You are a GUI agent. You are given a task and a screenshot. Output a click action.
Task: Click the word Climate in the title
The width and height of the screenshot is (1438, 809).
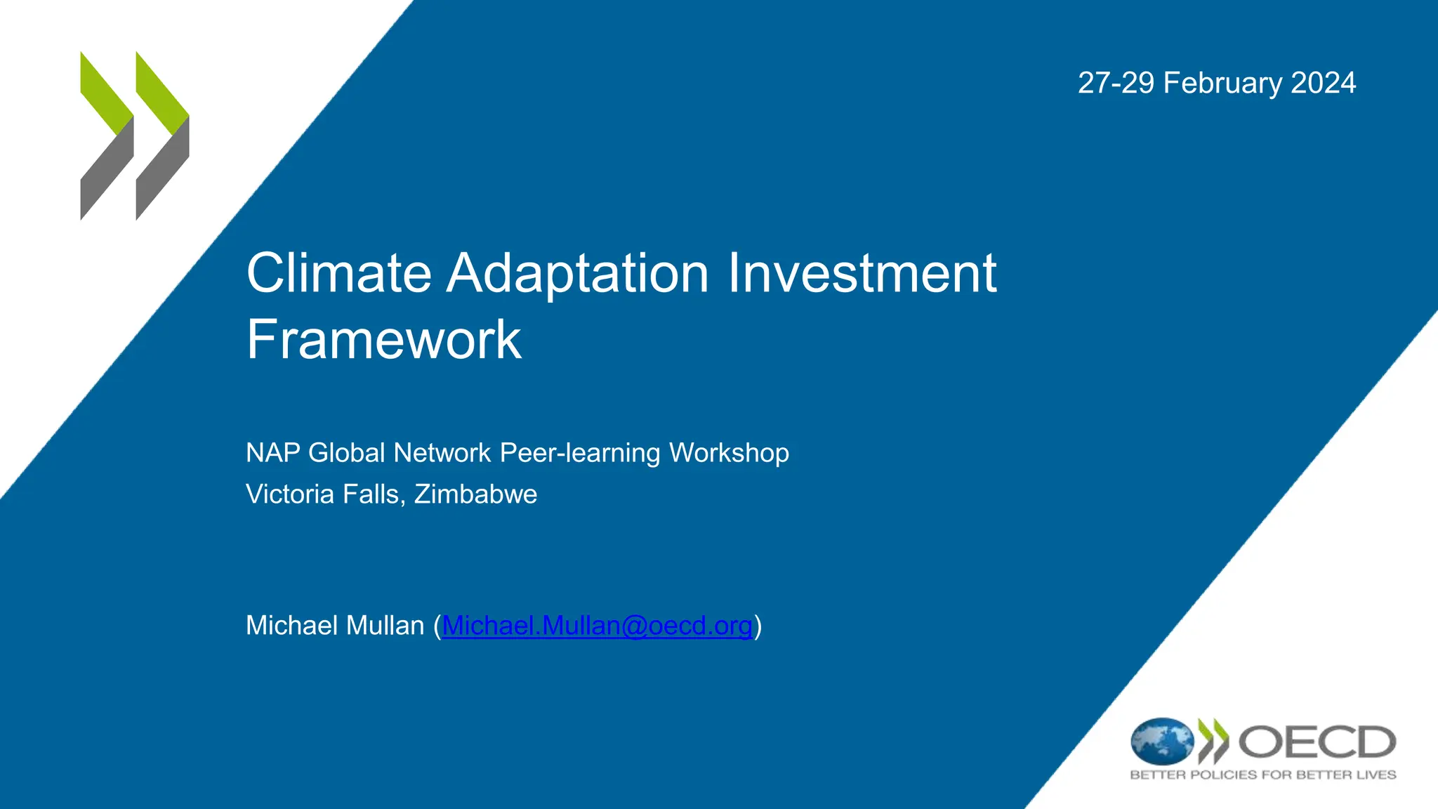pos(338,273)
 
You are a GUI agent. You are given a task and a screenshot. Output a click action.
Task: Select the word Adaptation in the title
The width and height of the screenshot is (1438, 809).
pos(578,273)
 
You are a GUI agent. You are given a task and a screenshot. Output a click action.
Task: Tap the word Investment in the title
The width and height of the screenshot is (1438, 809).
pos(862,273)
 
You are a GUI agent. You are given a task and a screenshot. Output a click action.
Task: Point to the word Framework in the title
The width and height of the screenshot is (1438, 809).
pos(383,340)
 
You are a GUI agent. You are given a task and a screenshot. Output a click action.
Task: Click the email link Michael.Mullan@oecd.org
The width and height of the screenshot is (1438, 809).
pos(597,626)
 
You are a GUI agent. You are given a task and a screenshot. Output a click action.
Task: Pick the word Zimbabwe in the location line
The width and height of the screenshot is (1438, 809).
pos(475,494)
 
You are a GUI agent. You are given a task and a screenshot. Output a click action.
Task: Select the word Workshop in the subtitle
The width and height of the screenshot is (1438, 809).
pos(729,453)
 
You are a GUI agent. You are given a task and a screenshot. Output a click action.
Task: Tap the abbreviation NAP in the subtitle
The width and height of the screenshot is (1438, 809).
pos(272,453)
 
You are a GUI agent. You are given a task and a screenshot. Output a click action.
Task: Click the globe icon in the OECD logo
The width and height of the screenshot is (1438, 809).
pos(1161,742)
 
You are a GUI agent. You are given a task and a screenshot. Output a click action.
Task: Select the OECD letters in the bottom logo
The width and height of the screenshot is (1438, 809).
pos(1317,742)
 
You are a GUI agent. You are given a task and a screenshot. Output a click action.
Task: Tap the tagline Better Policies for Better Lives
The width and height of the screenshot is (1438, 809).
pos(1262,775)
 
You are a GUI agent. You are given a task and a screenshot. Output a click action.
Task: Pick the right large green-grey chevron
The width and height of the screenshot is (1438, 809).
pos(162,136)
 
